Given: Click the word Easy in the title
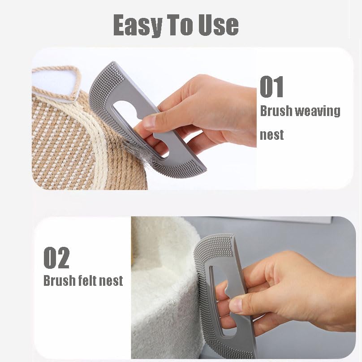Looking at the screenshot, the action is coord(138,25).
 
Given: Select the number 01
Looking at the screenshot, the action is coord(271,86).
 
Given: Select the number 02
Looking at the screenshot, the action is coord(56,258).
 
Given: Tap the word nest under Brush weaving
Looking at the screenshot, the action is coord(272,135).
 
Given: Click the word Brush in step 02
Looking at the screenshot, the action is coord(59,280).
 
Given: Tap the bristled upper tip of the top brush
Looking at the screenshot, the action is coord(108,69).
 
